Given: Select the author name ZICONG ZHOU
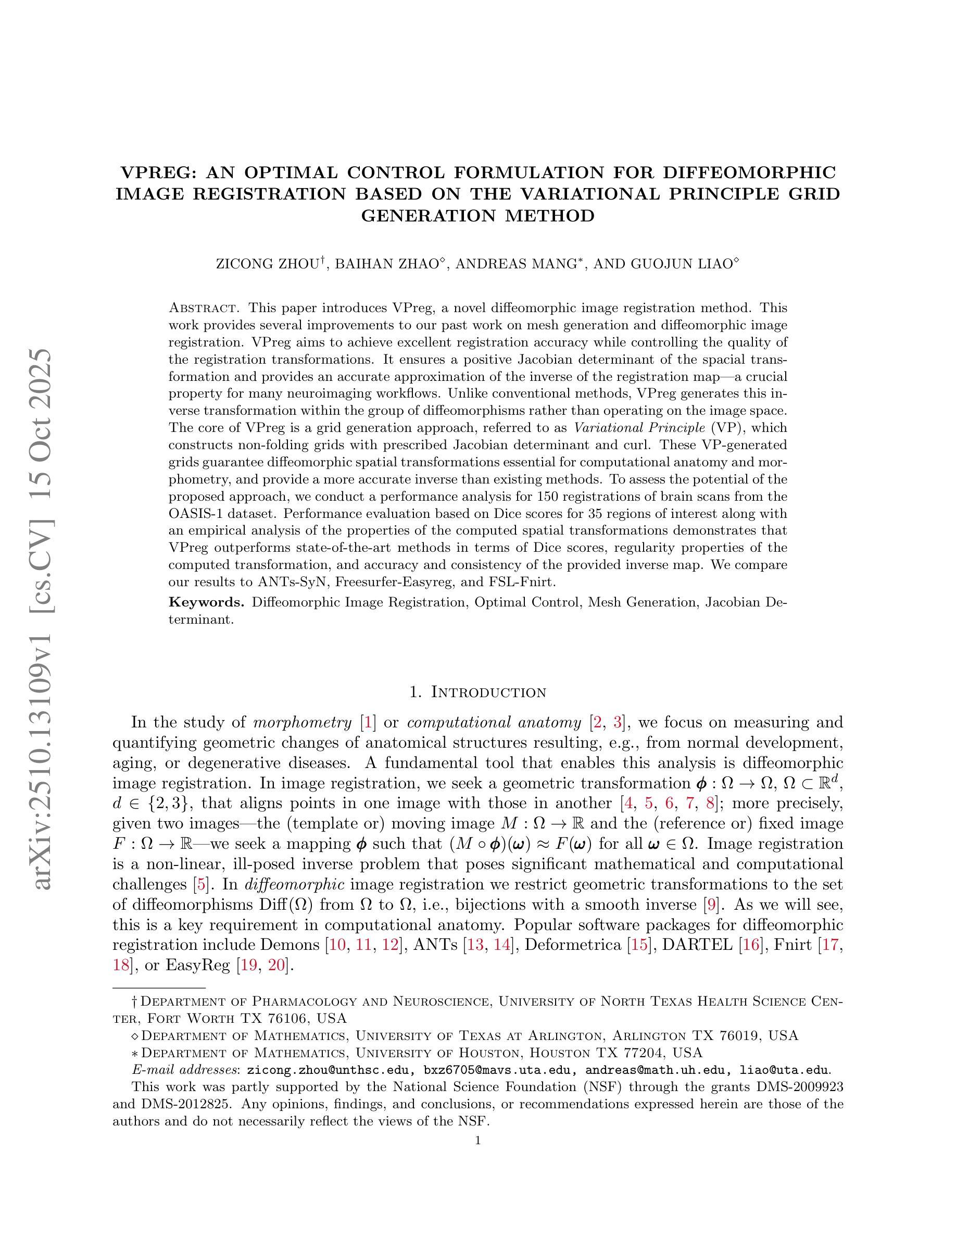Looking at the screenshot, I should click(x=268, y=265).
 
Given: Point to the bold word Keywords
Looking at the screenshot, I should click(x=207, y=602).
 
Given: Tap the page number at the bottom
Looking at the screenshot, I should click(x=478, y=1141).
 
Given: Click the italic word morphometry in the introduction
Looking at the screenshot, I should click(x=302, y=723).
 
